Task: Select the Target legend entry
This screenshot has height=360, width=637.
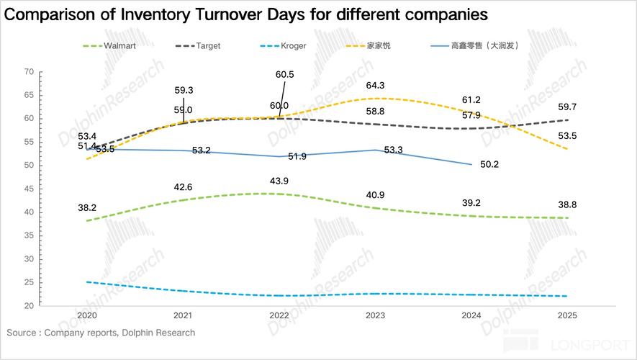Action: pyautogui.click(x=208, y=45)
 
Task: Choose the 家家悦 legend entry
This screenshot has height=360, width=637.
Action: pyautogui.click(x=379, y=45)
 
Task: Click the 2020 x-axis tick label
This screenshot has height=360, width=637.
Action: pyautogui.click(x=86, y=315)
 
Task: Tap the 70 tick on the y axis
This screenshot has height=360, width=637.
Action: pyautogui.click(x=29, y=71)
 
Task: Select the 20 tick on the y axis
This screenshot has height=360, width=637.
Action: pyautogui.click(x=29, y=305)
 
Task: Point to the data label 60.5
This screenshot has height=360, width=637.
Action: pyautogui.click(x=285, y=74)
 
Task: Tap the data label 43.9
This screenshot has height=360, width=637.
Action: pyautogui.click(x=279, y=180)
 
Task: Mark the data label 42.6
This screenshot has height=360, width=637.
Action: pyautogui.click(x=183, y=187)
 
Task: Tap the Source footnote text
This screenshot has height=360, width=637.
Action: pyautogui.click(x=101, y=333)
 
